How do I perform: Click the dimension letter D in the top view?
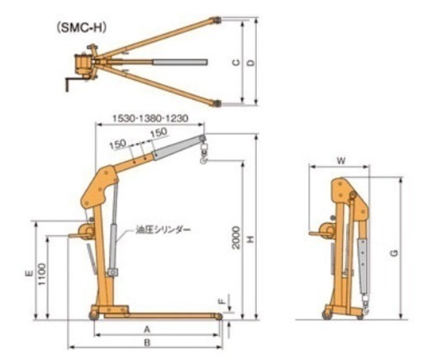tap(250, 63)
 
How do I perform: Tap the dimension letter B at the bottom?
tap(147, 341)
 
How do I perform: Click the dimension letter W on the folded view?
tap(340, 159)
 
